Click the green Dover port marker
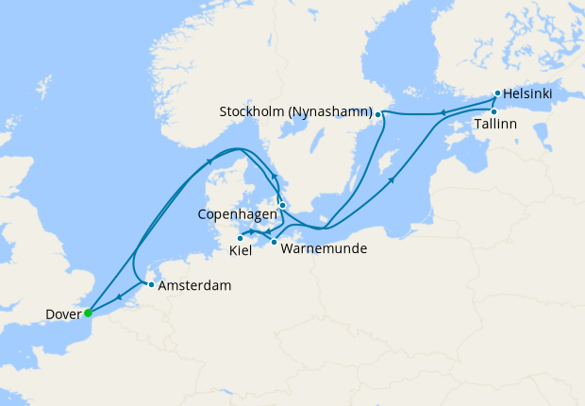[x=88, y=313]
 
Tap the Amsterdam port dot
[x=151, y=284]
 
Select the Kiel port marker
[x=240, y=238]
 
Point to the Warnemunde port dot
[x=274, y=243]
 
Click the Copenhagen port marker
[x=282, y=204]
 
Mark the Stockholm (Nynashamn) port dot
[x=379, y=115]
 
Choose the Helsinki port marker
[x=497, y=93]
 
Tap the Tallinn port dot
[x=493, y=111]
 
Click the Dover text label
[x=62, y=313]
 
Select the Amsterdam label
[x=193, y=285]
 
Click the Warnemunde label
[x=322, y=249]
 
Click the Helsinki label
[x=528, y=94]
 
